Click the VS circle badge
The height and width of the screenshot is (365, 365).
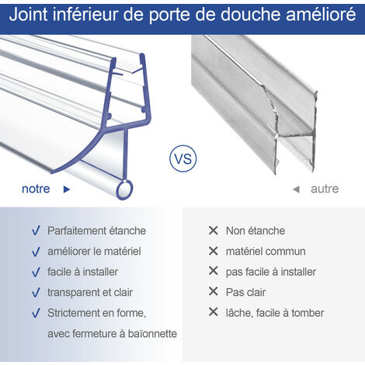[182, 159]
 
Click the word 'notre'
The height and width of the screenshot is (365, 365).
[36, 189]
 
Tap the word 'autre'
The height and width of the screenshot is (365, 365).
[325, 189]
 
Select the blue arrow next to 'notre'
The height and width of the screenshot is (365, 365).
[67, 189]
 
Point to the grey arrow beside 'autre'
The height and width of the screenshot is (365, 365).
[296, 189]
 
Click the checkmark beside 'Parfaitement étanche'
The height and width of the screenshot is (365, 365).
[36, 231]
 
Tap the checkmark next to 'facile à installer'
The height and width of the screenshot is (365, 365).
[36, 272]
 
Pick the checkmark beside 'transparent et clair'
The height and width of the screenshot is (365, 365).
[36, 293]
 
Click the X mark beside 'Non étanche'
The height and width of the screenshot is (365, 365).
[213, 231]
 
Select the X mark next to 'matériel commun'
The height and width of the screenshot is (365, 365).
[213, 251]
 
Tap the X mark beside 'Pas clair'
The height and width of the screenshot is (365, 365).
[213, 292]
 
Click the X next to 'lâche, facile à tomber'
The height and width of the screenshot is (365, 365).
[213, 313]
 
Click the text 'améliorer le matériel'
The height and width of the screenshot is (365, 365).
[94, 251]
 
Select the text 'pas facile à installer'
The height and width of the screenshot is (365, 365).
[270, 272]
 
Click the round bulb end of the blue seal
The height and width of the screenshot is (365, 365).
[123, 189]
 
